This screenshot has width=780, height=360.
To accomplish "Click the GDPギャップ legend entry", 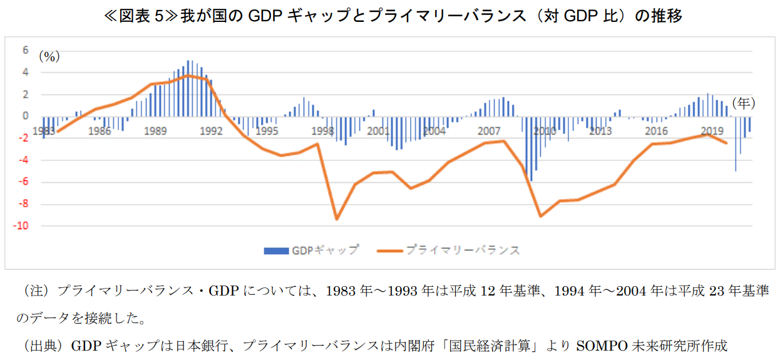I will pyautogui.click(x=311, y=250).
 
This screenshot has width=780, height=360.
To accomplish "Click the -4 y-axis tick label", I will pyautogui.click(x=24, y=160).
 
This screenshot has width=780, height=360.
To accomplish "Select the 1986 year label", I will pyautogui.click(x=100, y=131).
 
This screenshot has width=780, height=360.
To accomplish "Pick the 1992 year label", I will pyautogui.click(x=211, y=131).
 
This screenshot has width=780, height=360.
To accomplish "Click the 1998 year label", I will pyautogui.click(x=322, y=131).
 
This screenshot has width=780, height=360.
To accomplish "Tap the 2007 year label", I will pyautogui.click(x=488, y=131).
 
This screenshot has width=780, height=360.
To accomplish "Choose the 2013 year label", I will pyautogui.click(x=600, y=131).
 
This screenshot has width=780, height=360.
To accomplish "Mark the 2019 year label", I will pyautogui.click(x=712, y=131).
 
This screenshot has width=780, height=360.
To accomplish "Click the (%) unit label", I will pyautogui.click(x=49, y=56).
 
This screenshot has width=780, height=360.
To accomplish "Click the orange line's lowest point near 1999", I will pyautogui.click(x=336, y=219).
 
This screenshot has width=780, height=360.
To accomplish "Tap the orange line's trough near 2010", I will pyautogui.click(x=540, y=216).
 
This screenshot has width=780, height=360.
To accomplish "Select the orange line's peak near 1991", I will pyautogui.click(x=187, y=75).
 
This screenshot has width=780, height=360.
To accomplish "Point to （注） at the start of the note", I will pyautogui.click(x=36, y=291).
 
